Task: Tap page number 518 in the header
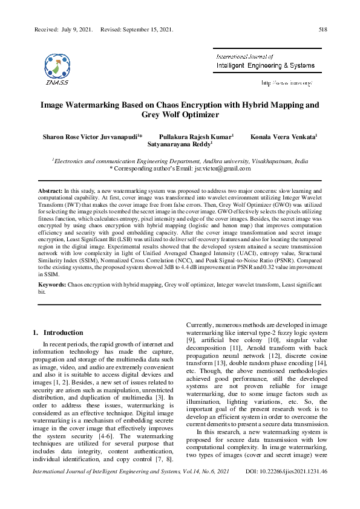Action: [323, 28]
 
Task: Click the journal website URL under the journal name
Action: [286, 82]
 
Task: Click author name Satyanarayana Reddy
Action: [180, 146]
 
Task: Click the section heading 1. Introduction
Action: [57, 332]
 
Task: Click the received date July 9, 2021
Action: [76, 28]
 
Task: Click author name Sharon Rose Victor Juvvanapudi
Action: [90, 137]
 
